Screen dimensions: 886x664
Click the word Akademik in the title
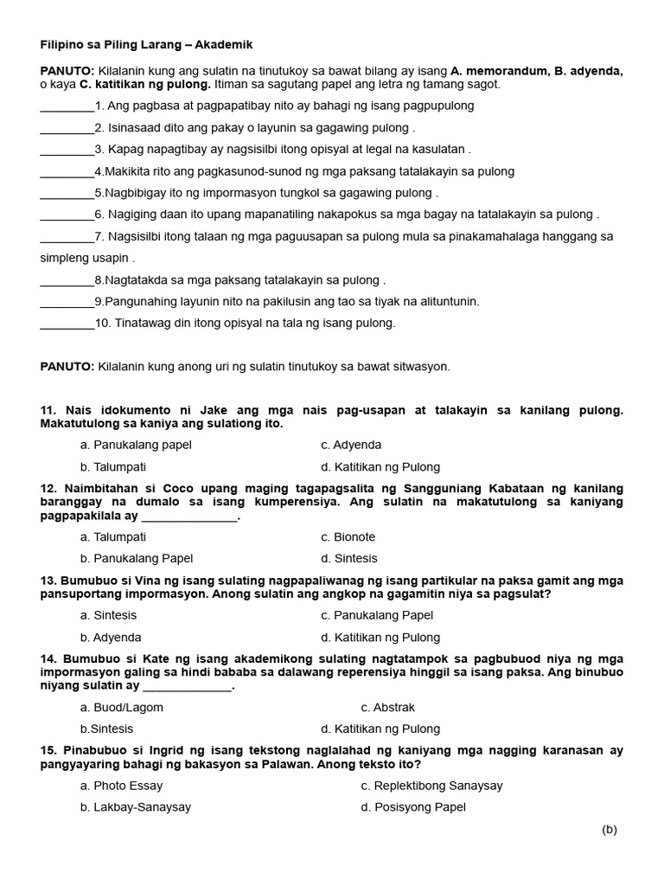[223, 44]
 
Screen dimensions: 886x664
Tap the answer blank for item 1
[67, 106]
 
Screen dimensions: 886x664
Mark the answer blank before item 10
[67, 324]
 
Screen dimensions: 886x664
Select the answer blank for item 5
[67, 193]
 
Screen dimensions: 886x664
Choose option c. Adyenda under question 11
[351, 445]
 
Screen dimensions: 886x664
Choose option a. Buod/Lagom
[121, 707]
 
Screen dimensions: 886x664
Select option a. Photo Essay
[121, 786]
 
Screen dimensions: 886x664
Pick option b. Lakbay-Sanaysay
[135, 807]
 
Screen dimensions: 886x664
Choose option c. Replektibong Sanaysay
[431, 786]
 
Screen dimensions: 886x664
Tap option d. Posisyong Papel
[413, 807]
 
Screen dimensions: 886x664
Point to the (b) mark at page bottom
[610, 830]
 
